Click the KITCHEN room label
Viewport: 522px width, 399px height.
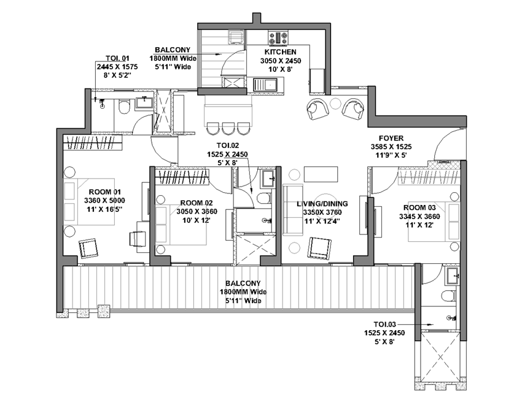pyautogui.click(x=280, y=52)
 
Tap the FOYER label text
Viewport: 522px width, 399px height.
pyautogui.click(x=391, y=138)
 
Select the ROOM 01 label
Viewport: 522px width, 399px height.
pyautogui.click(x=104, y=192)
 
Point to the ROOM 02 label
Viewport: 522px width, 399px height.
pyautogui.click(x=197, y=203)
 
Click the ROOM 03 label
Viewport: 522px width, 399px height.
pyautogui.click(x=419, y=208)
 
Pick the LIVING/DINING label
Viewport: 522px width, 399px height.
pyautogui.click(x=322, y=204)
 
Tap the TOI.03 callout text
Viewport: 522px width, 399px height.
pyautogui.click(x=385, y=324)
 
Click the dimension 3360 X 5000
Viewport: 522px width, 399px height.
pyautogui.click(x=104, y=201)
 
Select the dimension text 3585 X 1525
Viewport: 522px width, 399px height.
pyautogui.click(x=391, y=147)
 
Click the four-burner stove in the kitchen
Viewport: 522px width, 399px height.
pyautogui.click(x=278, y=37)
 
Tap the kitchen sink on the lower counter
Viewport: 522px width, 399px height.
pyautogui.click(x=265, y=85)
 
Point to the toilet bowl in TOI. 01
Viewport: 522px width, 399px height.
pyautogui.click(x=124, y=106)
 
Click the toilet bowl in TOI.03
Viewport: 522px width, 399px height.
pyautogui.click(x=449, y=295)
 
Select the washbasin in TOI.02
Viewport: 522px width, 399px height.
pyautogui.click(x=268, y=179)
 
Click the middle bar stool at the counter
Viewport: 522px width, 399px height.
pyautogui.click(x=228, y=128)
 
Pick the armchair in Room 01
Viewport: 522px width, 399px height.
pyautogui.click(x=88, y=248)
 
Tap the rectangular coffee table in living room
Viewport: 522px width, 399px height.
pyautogui.click(x=321, y=174)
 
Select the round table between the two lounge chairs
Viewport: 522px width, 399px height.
pyautogui.click(x=335, y=104)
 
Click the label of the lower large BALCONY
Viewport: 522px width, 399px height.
pyautogui.click(x=243, y=284)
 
